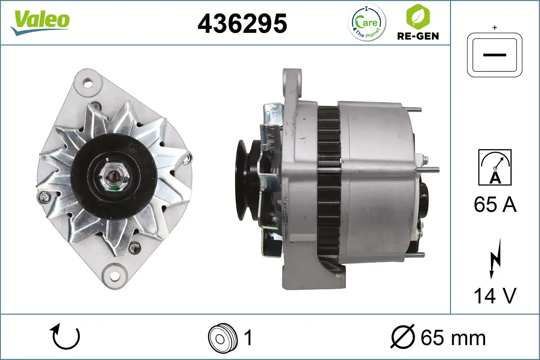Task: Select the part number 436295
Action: pyautogui.click(x=242, y=23)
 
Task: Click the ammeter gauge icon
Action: pyautogui.click(x=495, y=167)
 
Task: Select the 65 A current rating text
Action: pyautogui.click(x=495, y=205)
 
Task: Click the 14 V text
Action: pyautogui.click(x=495, y=296)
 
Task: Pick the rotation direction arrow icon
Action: pyautogui.click(x=66, y=337)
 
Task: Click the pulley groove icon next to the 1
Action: pyautogui.click(x=222, y=337)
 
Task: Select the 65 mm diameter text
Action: pyautogui.click(x=453, y=338)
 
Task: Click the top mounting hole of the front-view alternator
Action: pyautogui.click(x=88, y=82)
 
